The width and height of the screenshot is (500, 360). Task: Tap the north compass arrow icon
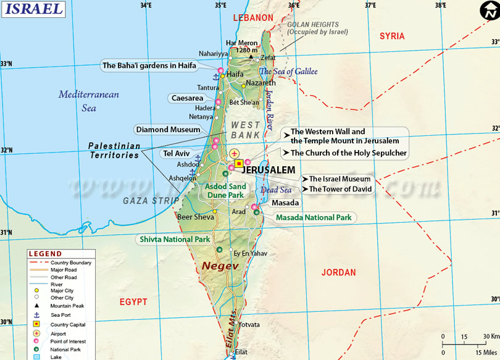tap(488, 10)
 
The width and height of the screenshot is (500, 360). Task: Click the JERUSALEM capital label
tap(269, 170)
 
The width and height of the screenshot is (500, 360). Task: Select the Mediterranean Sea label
tap(89, 101)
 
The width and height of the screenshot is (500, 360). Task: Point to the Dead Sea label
tap(276, 190)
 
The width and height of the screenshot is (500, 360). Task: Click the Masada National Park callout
tap(314, 217)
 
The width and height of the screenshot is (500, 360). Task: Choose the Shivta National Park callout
tap(175, 239)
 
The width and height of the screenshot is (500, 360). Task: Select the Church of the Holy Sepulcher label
tap(348, 153)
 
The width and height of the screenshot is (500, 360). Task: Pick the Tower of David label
tap(340, 189)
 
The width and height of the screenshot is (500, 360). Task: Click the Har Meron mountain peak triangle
tap(251, 57)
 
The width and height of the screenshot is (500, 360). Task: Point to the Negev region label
tap(220, 266)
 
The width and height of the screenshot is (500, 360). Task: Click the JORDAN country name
tap(338, 272)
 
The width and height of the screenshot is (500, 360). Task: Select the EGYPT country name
tap(133, 302)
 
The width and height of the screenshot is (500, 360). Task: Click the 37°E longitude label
tap(370, 5)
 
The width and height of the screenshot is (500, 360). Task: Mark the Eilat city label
tap(241, 352)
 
